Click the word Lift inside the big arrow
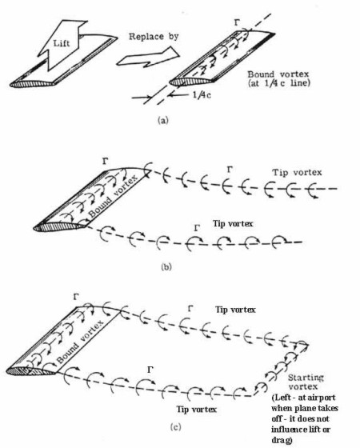tap(62, 43)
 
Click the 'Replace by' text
tap(154, 37)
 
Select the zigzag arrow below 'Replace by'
tap(148, 58)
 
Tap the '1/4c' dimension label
tap(202, 95)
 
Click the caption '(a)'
tap(163, 120)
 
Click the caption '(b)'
tap(166, 267)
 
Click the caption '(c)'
tap(175, 427)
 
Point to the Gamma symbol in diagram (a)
tap(237, 22)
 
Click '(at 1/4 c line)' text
tap(279, 83)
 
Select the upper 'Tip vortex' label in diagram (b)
tap(297, 173)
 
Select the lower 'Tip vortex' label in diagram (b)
tap(233, 223)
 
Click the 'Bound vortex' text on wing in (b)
tap(114, 195)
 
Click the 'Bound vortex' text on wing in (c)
tap(80, 342)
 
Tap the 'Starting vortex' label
tap(305, 382)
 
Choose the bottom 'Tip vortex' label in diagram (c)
tap(197, 409)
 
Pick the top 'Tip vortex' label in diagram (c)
tap(235, 310)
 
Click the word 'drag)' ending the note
tap(282, 439)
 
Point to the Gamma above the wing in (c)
tap(76, 297)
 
